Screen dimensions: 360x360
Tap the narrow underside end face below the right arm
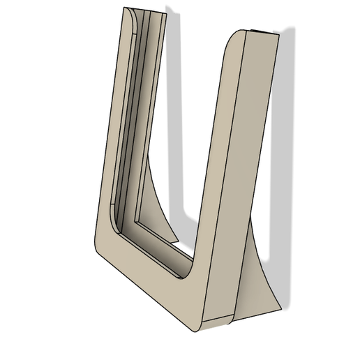click(x=216, y=322)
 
